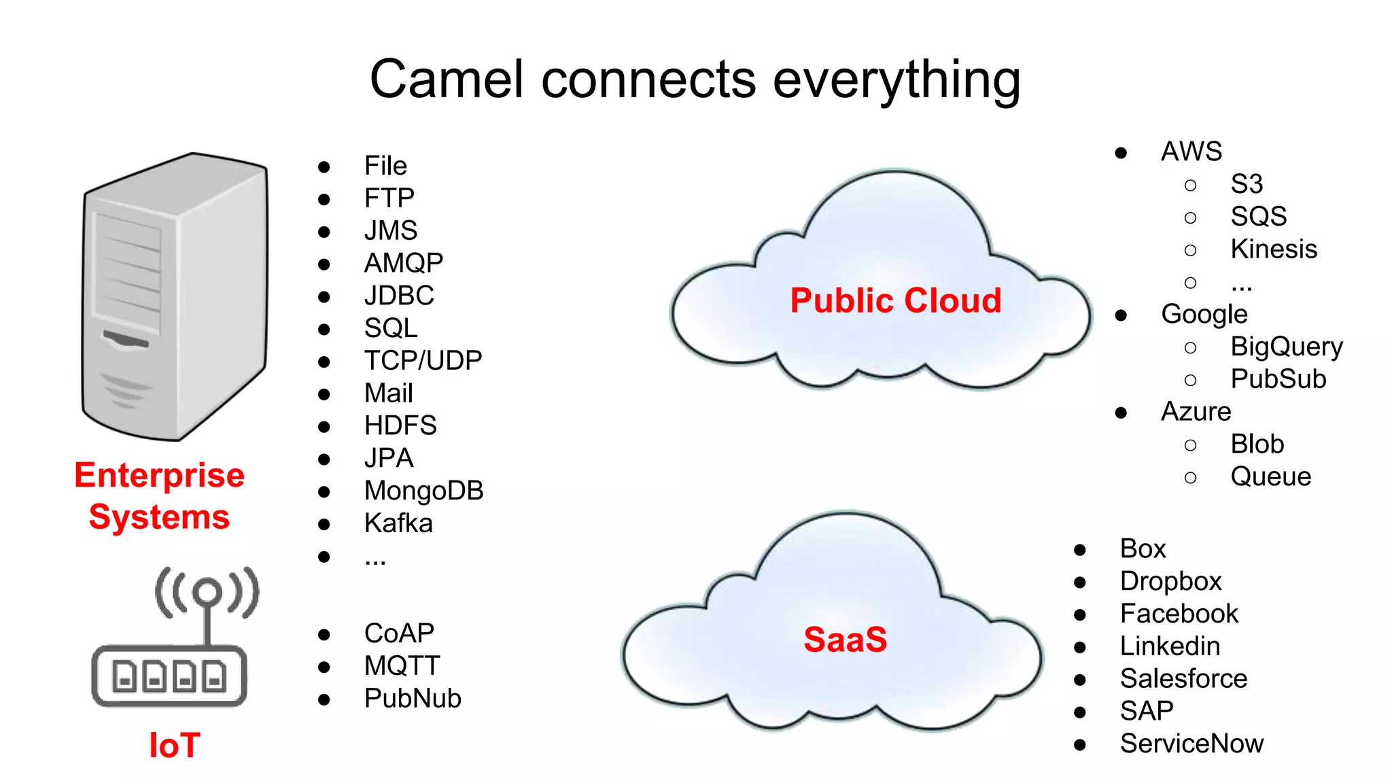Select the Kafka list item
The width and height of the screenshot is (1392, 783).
tap(398, 523)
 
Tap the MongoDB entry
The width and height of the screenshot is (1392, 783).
tap(423, 491)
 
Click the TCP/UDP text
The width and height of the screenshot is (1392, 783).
tap(423, 360)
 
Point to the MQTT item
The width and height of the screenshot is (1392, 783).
tap(402, 665)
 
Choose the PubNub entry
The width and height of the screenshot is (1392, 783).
tap(413, 698)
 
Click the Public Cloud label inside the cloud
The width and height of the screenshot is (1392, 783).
tap(895, 300)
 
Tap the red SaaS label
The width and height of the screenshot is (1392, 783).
tap(845, 640)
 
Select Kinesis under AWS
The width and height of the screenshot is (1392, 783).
tap(1273, 249)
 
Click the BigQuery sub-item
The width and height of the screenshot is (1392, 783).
tap(1286, 347)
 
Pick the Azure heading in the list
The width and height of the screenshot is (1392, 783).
tap(1196, 412)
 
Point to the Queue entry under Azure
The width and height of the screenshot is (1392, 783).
tap(1270, 476)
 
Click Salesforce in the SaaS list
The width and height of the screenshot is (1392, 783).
tap(1183, 678)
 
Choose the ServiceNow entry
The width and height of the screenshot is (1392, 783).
tap(1191, 744)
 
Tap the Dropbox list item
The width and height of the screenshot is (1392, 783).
tap(1170, 581)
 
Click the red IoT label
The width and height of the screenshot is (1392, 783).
tap(175, 746)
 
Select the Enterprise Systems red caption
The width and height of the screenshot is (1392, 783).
tap(160, 496)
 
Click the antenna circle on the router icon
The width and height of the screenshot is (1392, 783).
tap(207, 592)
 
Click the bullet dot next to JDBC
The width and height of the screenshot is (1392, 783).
tap(324, 297)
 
